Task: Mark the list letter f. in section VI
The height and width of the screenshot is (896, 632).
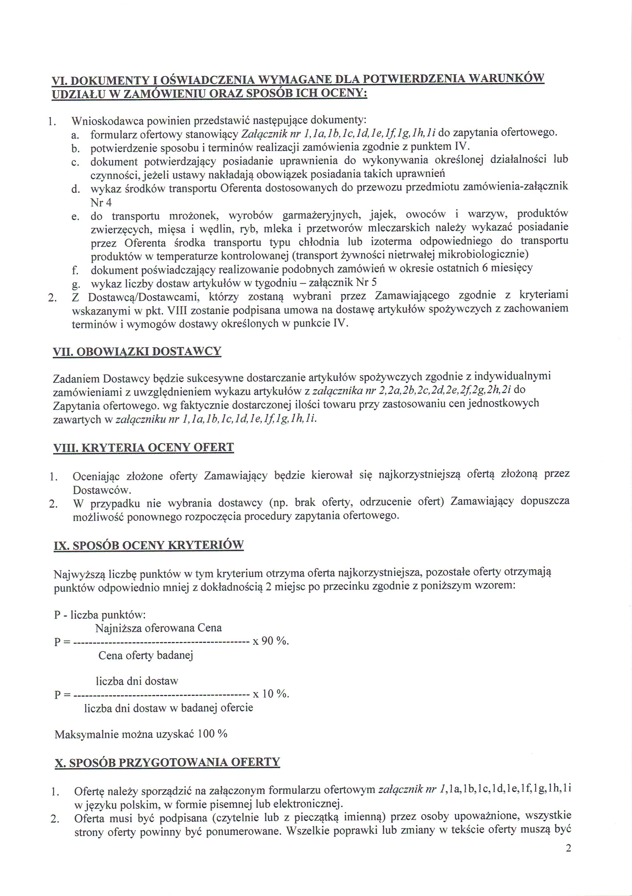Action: click(75, 270)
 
